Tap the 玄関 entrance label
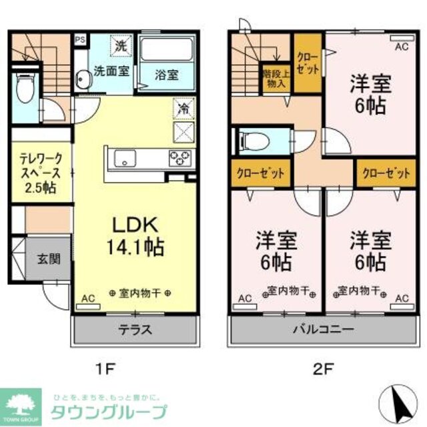pos(45,258)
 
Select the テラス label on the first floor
pos(135,329)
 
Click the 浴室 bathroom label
pos(167,74)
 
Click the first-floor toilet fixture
pos(25,91)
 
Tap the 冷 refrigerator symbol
pos(182,107)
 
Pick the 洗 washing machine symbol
pos(121,47)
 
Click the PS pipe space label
pos(79,39)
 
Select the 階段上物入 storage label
pos(274,78)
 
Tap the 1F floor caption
pos(107,366)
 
